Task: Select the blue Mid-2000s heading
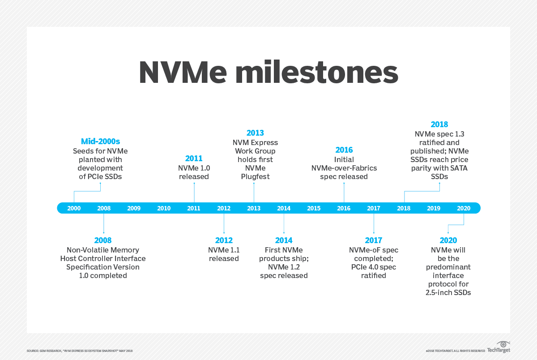point(100,141)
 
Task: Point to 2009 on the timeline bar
point(134,208)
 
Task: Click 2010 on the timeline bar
point(164,208)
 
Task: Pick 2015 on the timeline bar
point(314,208)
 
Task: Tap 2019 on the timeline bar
point(434,208)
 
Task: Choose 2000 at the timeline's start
point(74,208)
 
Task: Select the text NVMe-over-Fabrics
point(344,168)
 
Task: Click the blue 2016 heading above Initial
point(344,150)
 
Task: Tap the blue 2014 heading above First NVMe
point(284,240)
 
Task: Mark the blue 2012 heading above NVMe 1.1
point(224,240)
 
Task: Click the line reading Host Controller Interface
point(103,258)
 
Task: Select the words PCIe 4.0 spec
point(373,267)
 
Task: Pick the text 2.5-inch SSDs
point(448,292)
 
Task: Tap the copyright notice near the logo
point(455,351)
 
